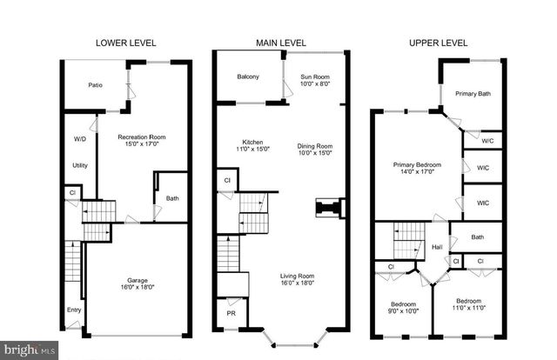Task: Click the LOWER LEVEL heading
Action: coord(125,41)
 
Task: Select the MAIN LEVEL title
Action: coord(282,41)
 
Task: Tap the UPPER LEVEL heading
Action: coord(436,41)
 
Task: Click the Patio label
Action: coord(97,85)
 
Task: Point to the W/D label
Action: coord(79,138)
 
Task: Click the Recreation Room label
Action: coord(142,137)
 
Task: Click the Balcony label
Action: coord(248,77)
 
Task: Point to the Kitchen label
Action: coord(252,143)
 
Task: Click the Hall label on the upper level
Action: coord(437,246)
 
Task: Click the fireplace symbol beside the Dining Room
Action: coord(330,209)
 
